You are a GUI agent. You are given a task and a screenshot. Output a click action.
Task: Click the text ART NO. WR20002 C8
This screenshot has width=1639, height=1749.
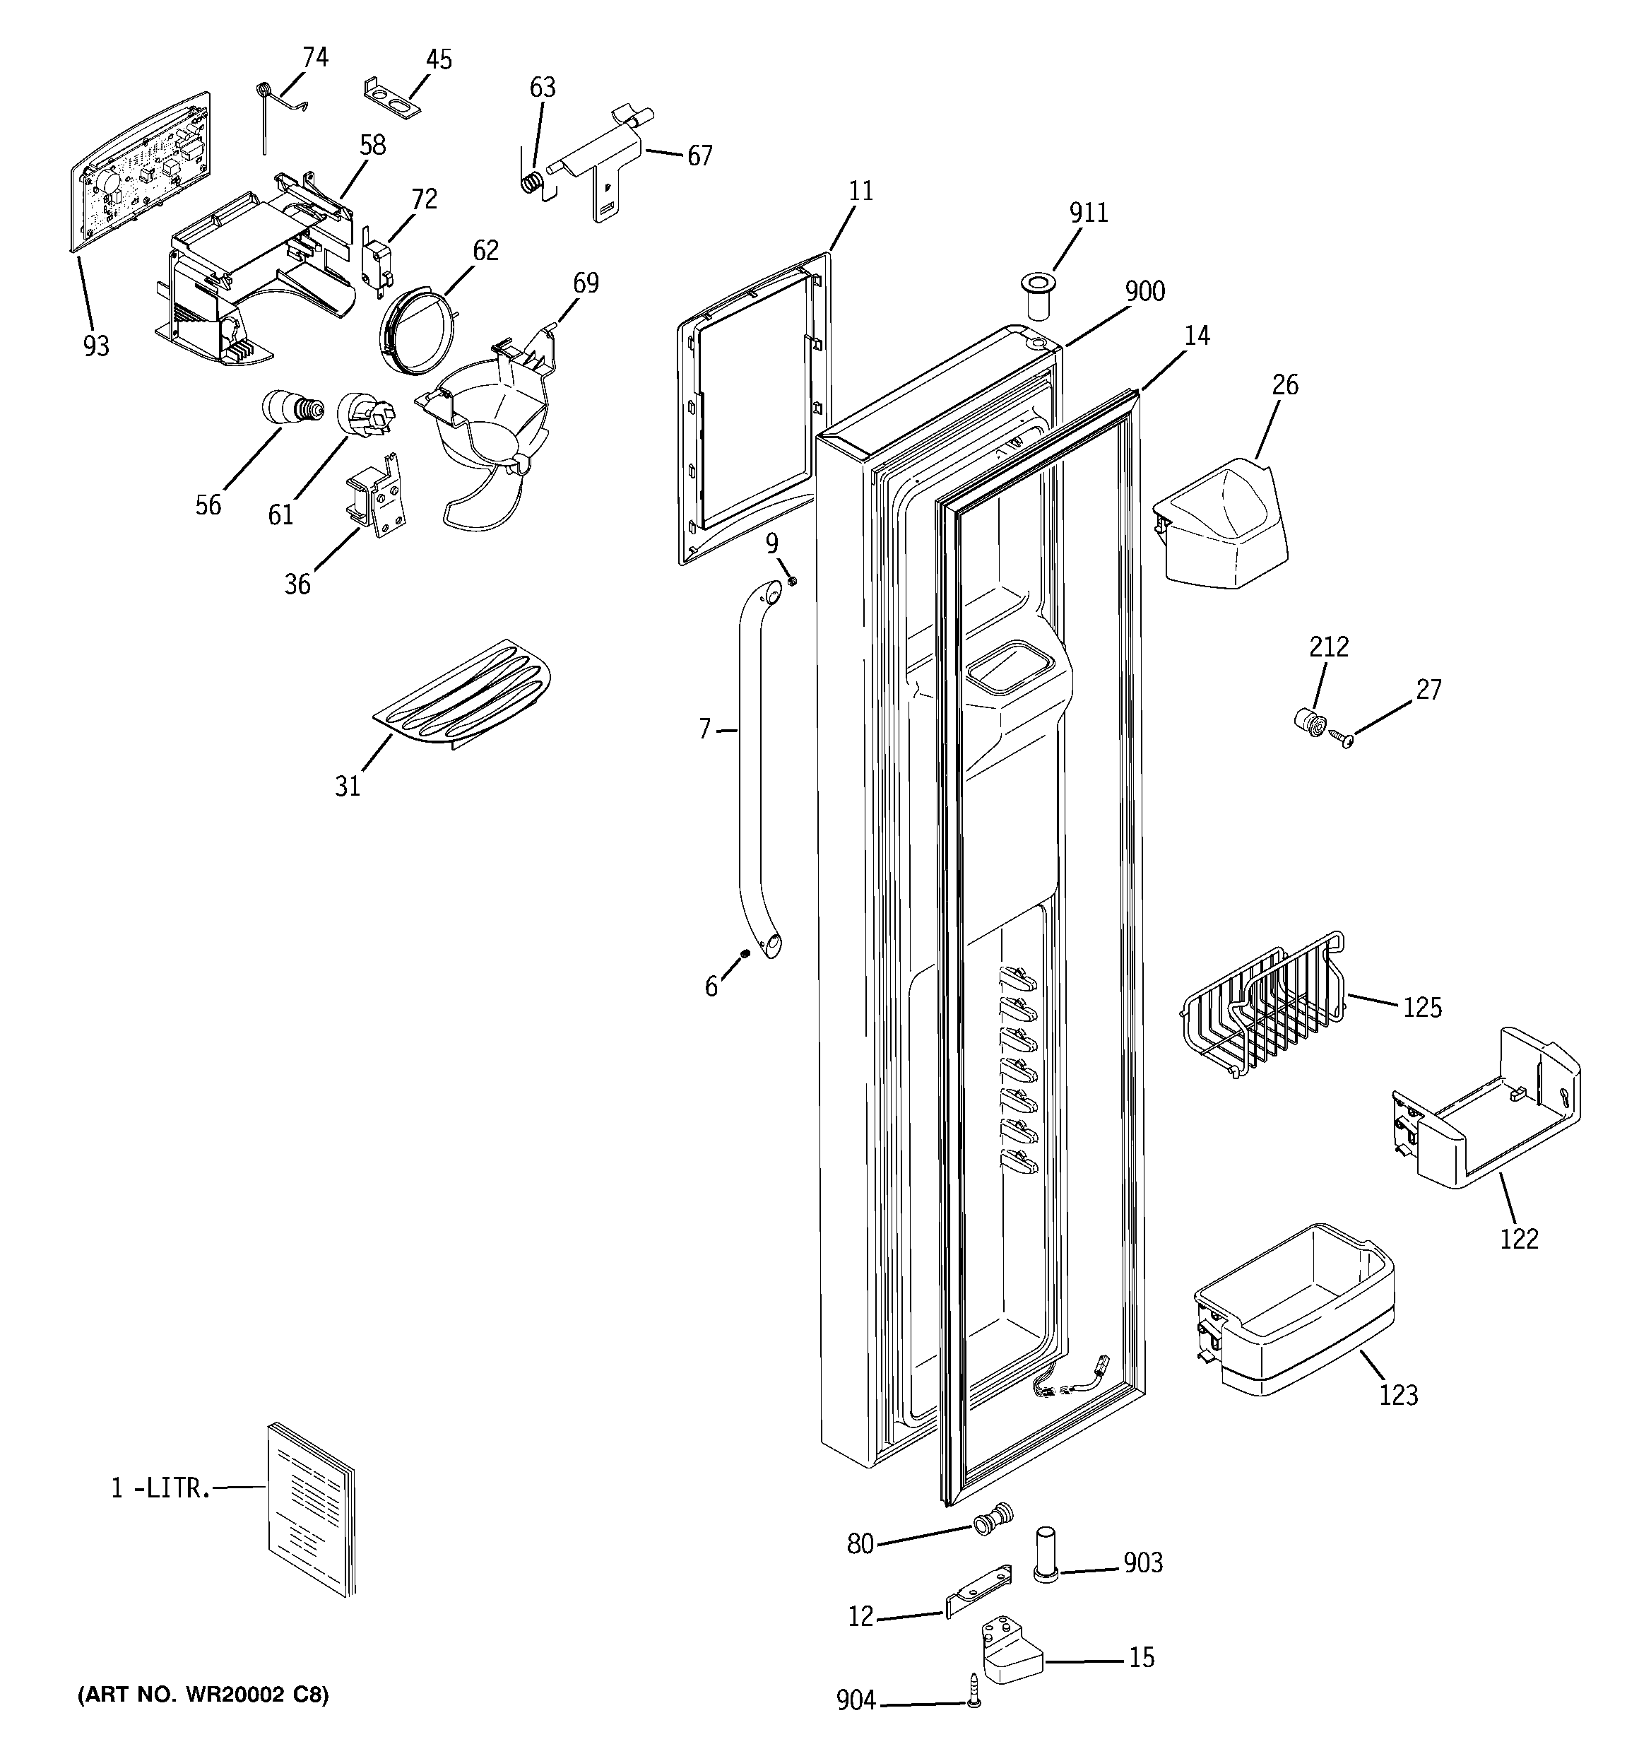pyautogui.click(x=203, y=1695)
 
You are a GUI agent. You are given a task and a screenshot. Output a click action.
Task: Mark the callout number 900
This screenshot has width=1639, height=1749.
pyautogui.click(x=1144, y=291)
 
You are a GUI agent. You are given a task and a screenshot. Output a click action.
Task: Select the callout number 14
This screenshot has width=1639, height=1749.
pyautogui.click(x=1197, y=336)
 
